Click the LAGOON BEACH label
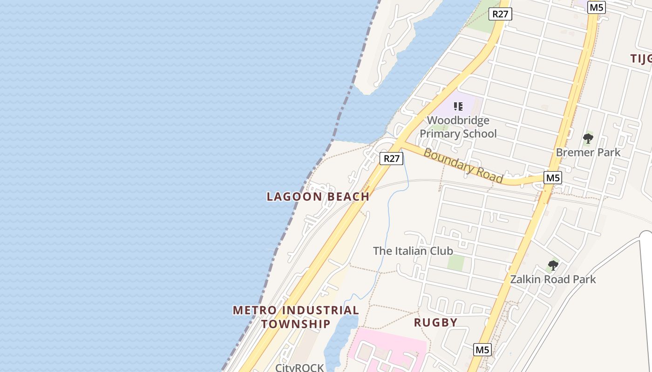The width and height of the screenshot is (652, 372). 318,197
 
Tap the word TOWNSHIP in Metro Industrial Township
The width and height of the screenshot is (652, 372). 296,324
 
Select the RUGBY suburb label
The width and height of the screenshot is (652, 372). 435,322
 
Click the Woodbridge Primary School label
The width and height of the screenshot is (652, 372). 458,127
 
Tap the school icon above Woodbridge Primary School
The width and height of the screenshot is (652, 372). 458,106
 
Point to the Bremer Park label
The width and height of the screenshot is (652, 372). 588,152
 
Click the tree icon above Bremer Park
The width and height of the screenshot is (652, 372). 588,138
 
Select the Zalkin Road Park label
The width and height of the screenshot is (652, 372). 553,279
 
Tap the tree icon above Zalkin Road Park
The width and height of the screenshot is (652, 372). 553,266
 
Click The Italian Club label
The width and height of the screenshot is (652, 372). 413,251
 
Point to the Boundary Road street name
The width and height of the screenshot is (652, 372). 463,166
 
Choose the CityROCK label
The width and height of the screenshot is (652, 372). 299,367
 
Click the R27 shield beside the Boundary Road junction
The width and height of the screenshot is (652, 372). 391,159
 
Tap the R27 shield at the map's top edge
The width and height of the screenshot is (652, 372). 501,14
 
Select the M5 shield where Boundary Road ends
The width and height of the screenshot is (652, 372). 553,178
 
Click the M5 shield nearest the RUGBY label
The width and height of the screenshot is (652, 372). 482,350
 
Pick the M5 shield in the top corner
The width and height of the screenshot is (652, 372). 597,7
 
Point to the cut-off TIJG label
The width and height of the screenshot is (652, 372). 641,59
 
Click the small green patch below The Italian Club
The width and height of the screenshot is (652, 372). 456,263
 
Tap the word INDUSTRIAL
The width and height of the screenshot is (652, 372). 321,310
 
